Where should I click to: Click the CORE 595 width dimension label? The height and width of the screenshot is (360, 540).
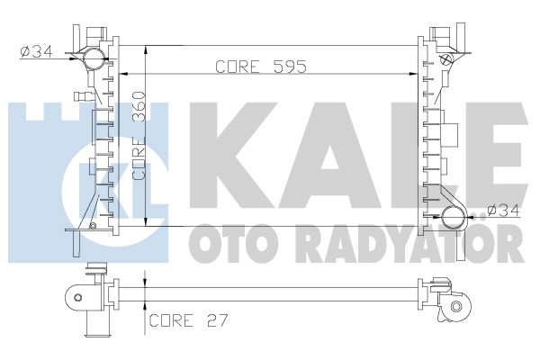261,67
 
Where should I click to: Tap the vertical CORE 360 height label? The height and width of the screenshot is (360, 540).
139,135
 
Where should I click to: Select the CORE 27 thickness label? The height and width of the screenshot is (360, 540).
188,320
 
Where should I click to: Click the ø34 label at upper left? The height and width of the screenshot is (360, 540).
37,52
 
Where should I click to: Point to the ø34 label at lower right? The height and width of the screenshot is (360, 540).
504,211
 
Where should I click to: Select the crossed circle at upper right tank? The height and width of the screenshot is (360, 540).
445,58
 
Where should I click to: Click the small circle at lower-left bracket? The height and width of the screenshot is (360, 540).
92,226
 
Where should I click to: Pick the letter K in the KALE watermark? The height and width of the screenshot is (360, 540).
233,155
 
